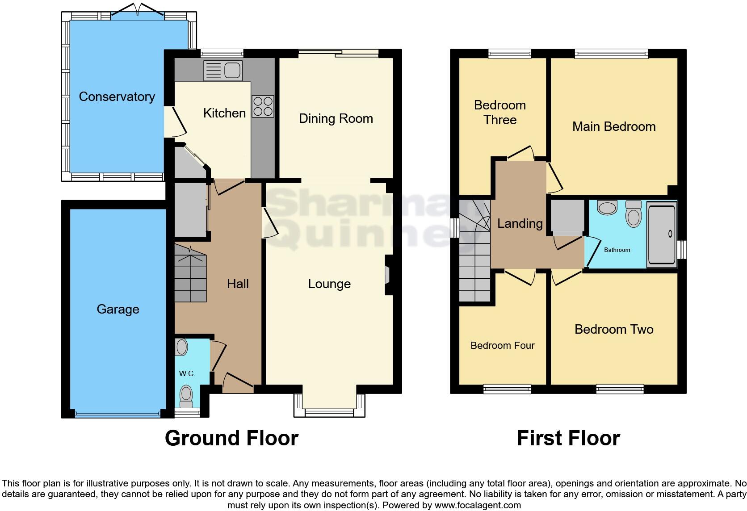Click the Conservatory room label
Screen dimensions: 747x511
click(x=117, y=96)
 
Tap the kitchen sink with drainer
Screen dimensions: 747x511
click(x=223, y=71)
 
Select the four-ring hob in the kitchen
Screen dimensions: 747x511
click(x=263, y=106)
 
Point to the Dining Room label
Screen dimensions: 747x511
click(x=336, y=119)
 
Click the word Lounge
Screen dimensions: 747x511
click(x=329, y=284)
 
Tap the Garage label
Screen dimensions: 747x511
click(x=118, y=310)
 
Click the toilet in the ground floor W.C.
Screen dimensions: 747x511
click(x=186, y=397)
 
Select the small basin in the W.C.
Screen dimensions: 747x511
click(x=181, y=347)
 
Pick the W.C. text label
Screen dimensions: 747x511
click(x=187, y=374)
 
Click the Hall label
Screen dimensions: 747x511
click(x=238, y=284)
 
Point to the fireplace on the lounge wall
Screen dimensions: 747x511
click(x=388, y=275)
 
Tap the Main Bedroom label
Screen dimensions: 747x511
click(x=614, y=127)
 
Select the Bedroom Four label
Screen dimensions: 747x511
click(x=503, y=346)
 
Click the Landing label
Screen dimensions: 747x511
click(x=520, y=224)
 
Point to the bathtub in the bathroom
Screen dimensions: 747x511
click(x=662, y=235)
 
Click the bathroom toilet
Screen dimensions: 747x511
click(x=634, y=214)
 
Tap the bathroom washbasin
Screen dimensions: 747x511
click(x=607, y=207)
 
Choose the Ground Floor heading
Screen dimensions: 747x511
click(x=231, y=438)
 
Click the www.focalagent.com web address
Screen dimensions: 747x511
click(x=478, y=505)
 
